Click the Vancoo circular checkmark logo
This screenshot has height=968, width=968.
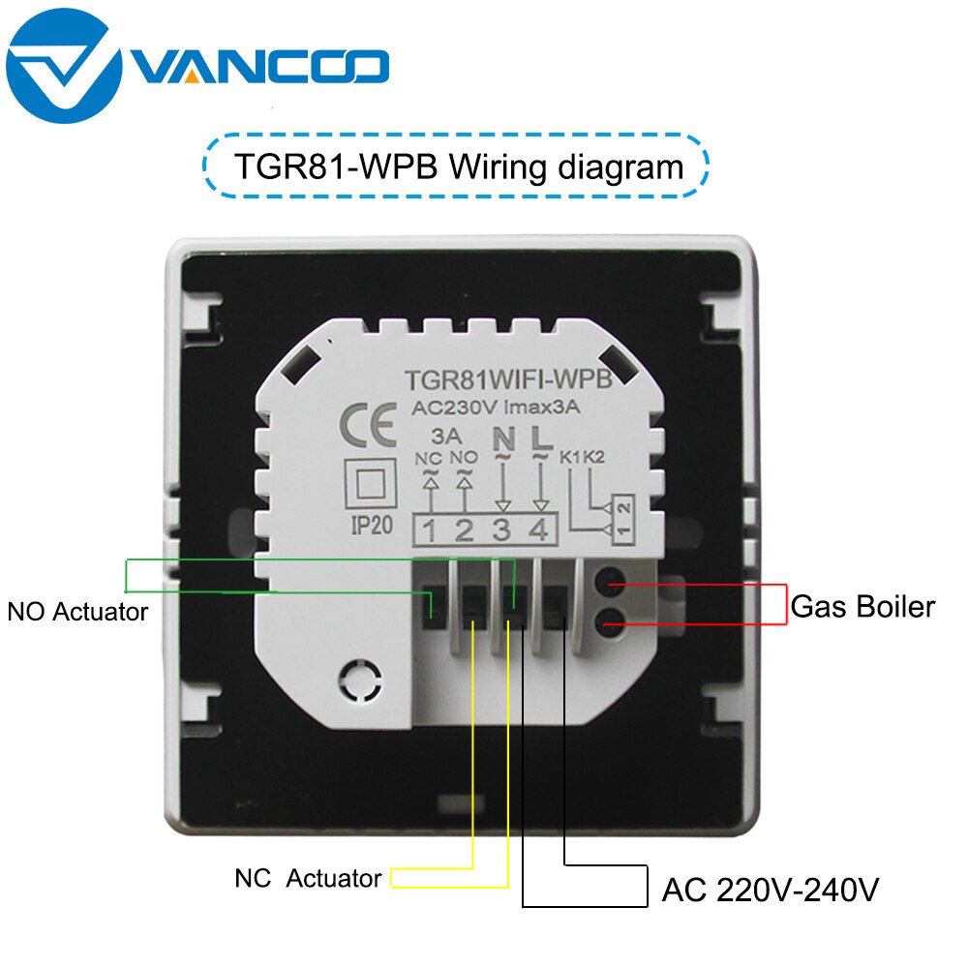(x=64, y=66)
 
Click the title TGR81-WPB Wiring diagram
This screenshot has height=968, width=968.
(x=458, y=166)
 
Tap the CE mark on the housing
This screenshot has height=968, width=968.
(x=368, y=425)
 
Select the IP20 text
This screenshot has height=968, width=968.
(x=372, y=526)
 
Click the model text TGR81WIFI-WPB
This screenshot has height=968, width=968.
(x=508, y=379)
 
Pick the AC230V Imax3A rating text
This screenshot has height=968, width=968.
(x=496, y=408)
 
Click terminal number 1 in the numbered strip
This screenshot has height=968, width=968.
(x=431, y=530)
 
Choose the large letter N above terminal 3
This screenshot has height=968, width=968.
(x=503, y=439)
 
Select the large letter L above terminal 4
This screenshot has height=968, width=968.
(x=541, y=438)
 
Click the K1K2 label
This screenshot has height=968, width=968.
(x=582, y=458)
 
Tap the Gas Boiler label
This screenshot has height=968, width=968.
(x=862, y=606)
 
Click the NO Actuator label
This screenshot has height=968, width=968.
(x=77, y=612)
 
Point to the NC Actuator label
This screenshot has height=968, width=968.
(x=308, y=878)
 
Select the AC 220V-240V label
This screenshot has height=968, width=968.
(x=770, y=890)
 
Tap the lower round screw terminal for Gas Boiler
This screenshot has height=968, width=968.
(x=610, y=622)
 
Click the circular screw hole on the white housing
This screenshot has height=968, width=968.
(x=360, y=681)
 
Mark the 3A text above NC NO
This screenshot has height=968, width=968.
(x=446, y=437)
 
